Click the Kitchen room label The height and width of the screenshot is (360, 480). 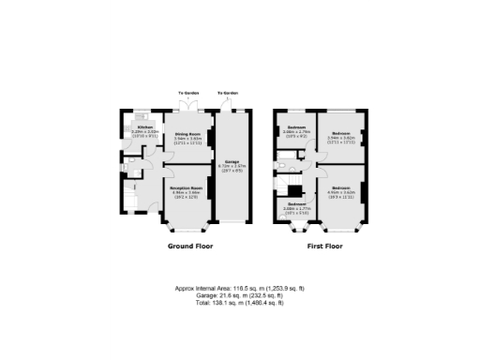click(145, 127)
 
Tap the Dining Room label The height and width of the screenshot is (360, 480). click(187, 134)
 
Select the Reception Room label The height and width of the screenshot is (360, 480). click(187, 188)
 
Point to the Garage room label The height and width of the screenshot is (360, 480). click(230, 161)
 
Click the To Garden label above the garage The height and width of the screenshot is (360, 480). click(227, 94)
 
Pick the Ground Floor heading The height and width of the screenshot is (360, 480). click(190, 247)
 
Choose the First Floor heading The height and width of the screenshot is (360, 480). click(325, 247)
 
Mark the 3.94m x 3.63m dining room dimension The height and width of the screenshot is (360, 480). click(187, 139)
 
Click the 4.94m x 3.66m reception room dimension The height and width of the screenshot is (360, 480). click(187, 193)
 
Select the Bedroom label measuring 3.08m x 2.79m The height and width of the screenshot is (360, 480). click(295, 127)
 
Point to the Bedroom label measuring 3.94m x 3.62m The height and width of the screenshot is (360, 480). click(338, 133)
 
